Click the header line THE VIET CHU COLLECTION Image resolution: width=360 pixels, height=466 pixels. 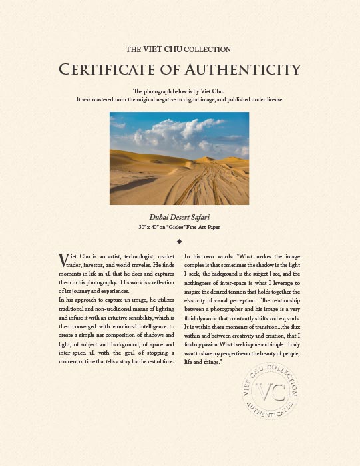(x=178, y=49)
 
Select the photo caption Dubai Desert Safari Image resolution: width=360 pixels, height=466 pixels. (x=180, y=217)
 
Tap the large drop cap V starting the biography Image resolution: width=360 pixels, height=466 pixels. (x=63, y=258)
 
